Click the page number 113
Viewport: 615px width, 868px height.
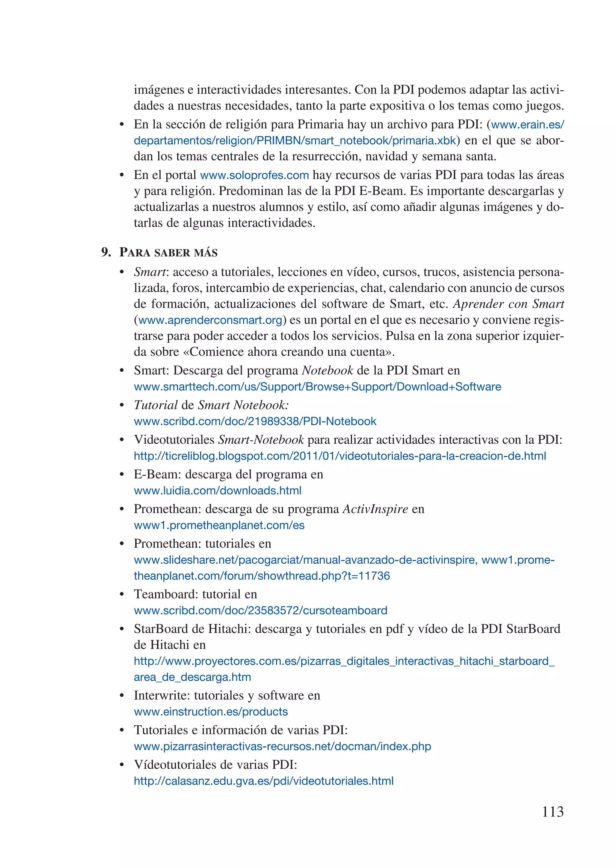pyautogui.click(x=553, y=812)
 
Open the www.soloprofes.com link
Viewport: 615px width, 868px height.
pyautogui.click(x=254, y=175)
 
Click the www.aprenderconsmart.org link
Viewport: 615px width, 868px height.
pyautogui.click(x=210, y=320)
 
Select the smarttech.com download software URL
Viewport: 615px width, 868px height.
pyautogui.click(x=317, y=387)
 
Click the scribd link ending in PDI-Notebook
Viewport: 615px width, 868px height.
pyautogui.click(x=255, y=421)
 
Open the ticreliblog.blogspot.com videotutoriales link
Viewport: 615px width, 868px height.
pyautogui.click(x=340, y=456)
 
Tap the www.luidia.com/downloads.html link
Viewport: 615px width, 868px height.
pyautogui.click(x=217, y=491)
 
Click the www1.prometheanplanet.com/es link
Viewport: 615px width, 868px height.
pyautogui.click(x=219, y=526)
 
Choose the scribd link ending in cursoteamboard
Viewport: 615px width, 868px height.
pyautogui.click(x=261, y=610)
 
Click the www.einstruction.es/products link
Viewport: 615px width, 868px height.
pyautogui.click(x=211, y=712)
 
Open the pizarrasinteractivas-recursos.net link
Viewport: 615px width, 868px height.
pyautogui.click(x=282, y=746)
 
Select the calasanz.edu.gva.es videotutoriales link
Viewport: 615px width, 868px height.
pyautogui.click(x=264, y=781)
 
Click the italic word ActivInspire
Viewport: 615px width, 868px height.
pyautogui.click(x=375, y=509)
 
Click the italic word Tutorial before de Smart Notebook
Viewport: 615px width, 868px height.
pyautogui.click(x=155, y=405)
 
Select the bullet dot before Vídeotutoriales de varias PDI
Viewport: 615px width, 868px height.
pyautogui.click(x=122, y=765)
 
